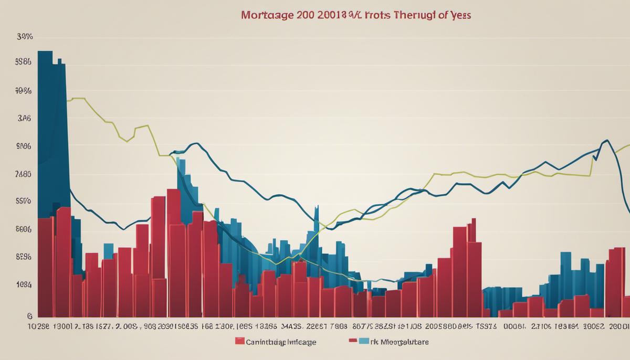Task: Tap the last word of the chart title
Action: (x=458, y=15)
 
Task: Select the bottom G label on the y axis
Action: (x=30, y=316)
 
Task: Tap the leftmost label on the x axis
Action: (x=39, y=326)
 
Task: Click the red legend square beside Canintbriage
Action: (x=240, y=342)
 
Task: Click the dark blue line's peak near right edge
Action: (x=607, y=141)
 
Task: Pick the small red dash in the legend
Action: (x=353, y=341)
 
